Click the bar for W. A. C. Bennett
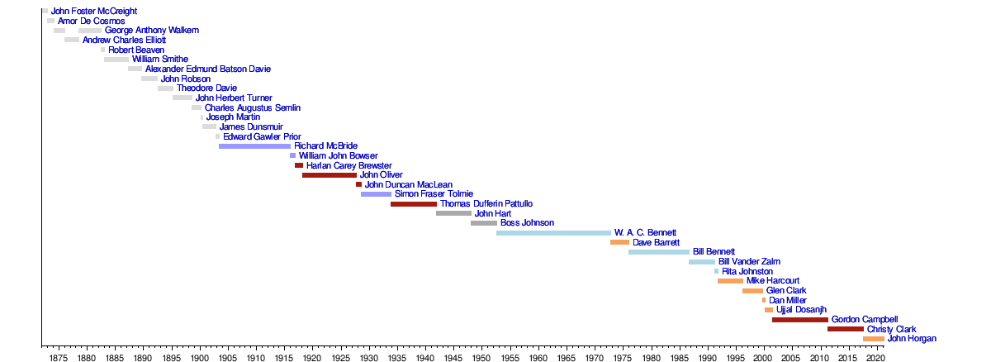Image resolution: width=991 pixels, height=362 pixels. pos(553,233)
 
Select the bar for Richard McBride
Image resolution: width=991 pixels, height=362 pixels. pos(254,146)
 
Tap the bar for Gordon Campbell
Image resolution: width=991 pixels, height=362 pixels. pos(799,320)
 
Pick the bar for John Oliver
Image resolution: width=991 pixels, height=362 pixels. pos(329,175)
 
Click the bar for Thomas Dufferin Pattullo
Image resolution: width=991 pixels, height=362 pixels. pos(413,204)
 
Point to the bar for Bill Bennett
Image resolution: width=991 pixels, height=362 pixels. pos(658,252)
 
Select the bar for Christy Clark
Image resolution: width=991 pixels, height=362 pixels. pos(845,329)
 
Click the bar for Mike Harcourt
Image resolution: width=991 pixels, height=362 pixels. pos(730,281)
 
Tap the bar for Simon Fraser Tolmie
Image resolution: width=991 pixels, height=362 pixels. pos(376,194)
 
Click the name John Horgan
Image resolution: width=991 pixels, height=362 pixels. pos(912,338)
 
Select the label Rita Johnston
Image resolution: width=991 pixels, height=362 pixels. pos(747,271)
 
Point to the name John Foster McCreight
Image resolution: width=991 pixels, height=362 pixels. pos(94,12)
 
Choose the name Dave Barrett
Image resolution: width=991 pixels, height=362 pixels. pos(656,242)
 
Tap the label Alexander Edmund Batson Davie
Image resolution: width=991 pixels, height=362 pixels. pos(207,69)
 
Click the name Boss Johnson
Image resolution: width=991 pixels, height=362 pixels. pos(527,223)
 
